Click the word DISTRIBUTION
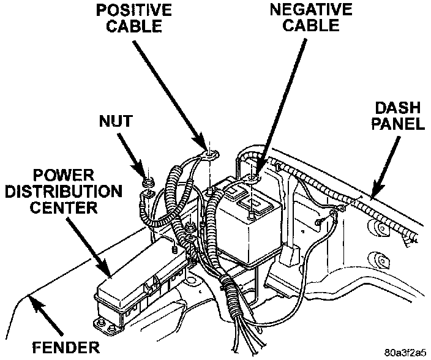61,192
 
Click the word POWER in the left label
61,175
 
